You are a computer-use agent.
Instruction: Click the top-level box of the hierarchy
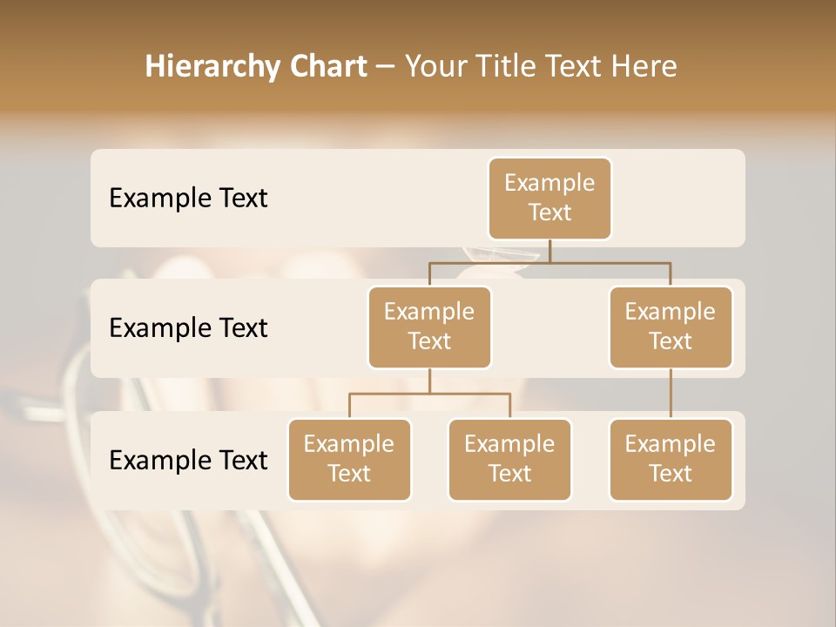549,198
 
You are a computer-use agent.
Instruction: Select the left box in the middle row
429,327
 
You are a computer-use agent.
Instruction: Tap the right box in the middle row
671,327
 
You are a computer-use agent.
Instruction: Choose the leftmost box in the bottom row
349,459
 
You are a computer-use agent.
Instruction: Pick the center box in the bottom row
509,459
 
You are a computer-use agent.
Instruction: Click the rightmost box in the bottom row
671,459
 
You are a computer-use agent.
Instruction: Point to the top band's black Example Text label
188,199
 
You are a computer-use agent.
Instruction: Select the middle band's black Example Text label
188,328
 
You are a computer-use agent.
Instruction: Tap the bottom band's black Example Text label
188,461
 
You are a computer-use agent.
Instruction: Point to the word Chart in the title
328,66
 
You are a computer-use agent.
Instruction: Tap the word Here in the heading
644,66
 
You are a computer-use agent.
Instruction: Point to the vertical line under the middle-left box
429,381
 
